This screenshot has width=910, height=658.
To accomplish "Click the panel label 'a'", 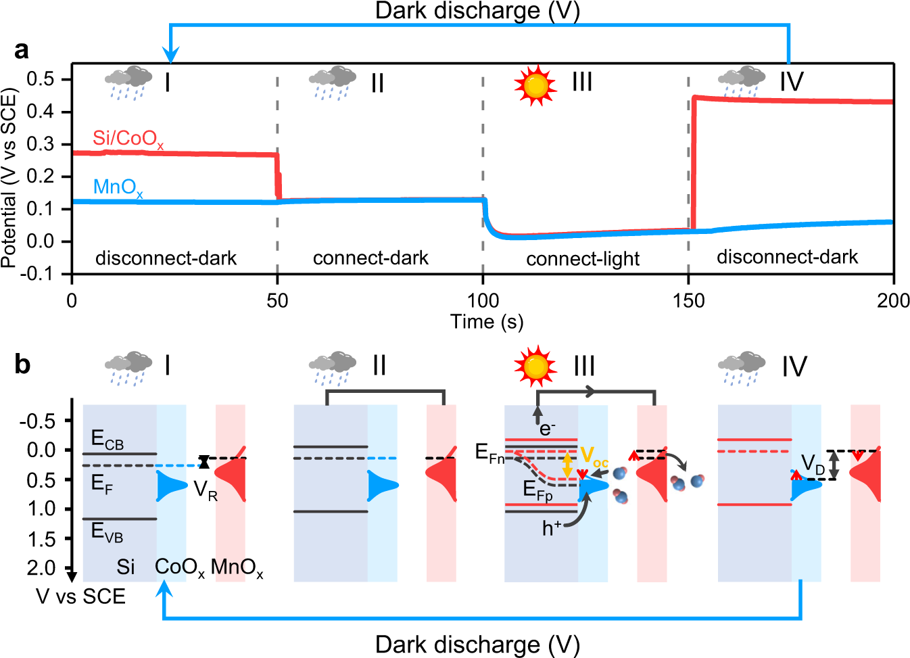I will click(22, 51).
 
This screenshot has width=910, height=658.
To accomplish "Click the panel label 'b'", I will click(22, 365).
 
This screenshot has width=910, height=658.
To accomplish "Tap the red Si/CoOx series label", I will click(128, 139).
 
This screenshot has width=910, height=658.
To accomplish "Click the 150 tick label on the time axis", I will click(688, 300).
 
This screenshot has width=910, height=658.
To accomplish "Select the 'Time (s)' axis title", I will click(487, 322).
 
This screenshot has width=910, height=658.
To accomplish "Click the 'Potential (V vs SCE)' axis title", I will click(9, 177).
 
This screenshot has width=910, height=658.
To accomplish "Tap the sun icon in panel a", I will click(535, 85).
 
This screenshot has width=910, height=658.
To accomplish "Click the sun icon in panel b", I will click(535, 367).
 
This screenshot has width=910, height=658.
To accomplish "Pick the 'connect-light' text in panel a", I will click(583, 259).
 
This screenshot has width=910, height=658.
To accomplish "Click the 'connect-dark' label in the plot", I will click(370, 258).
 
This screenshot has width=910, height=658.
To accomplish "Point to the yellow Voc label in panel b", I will click(594, 456).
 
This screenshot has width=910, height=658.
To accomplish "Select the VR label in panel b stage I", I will click(206, 490).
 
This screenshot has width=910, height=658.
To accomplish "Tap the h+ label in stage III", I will click(552, 528).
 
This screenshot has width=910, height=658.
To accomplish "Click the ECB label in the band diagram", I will click(107, 441).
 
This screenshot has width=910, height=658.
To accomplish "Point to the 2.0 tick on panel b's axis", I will click(41, 568).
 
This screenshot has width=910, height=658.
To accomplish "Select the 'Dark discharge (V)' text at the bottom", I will click(477, 644).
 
